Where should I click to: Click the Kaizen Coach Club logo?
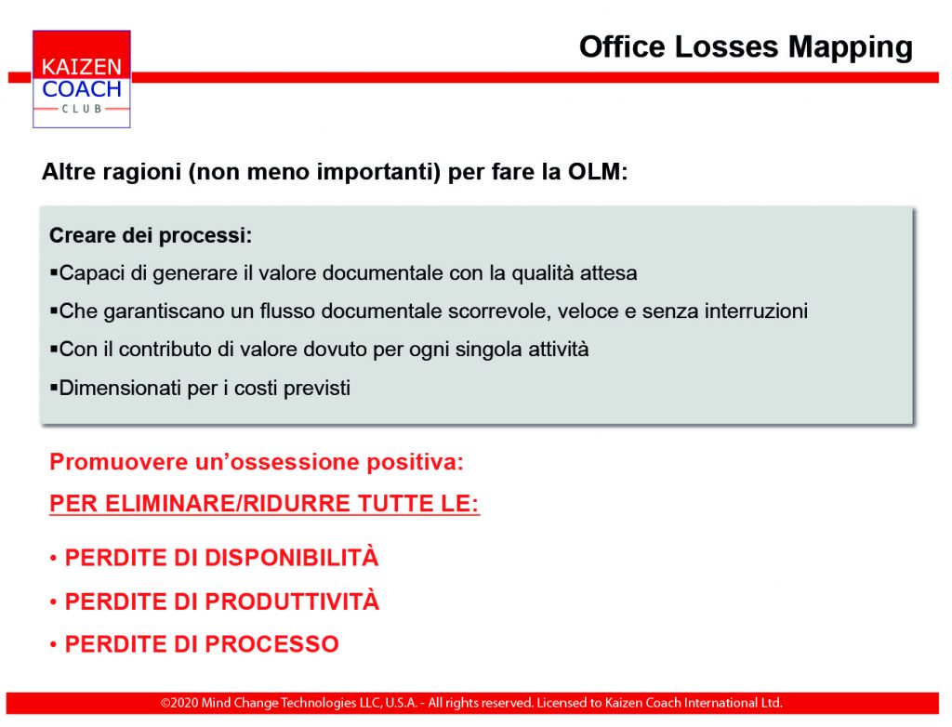point(82,79)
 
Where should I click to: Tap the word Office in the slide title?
point(622,46)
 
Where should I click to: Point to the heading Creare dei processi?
point(151,235)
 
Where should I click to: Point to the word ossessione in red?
point(300,462)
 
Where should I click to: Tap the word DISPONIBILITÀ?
point(292,557)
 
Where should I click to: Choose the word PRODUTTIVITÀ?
point(292,601)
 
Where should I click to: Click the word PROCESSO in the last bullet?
point(272,644)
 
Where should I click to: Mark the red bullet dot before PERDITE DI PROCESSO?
point(53,644)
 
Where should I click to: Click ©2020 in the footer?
point(179,704)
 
